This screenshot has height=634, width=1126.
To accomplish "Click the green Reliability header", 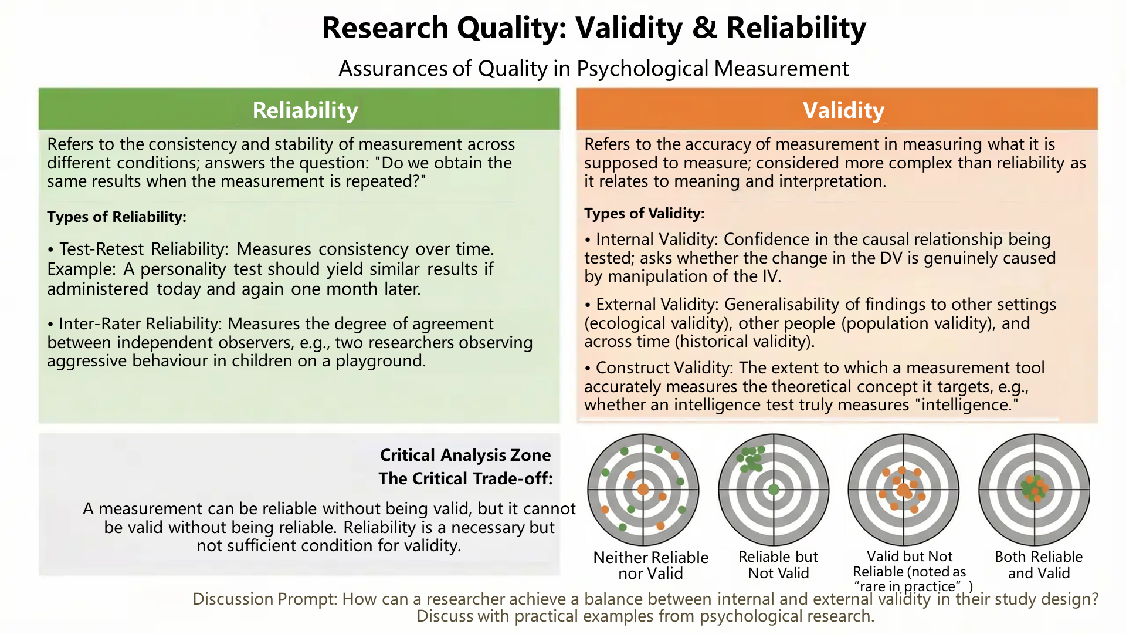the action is click(x=299, y=109).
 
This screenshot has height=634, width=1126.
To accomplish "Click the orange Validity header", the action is click(x=837, y=109).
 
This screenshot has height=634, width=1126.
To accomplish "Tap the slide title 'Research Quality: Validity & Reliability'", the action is click(x=593, y=28).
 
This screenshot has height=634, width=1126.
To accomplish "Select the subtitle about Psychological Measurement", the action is click(x=593, y=69).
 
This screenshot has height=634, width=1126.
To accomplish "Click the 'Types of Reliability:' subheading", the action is click(x=117, y=217).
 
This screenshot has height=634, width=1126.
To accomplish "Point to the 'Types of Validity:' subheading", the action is click(x=645, y=214).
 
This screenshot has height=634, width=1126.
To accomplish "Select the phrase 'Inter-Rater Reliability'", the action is click(x=140, y=324).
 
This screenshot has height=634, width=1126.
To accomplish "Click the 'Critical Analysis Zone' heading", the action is click(x=465, y=455).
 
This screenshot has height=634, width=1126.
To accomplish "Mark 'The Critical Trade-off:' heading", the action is click(x=466, y=478).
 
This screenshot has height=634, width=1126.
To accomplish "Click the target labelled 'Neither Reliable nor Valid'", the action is click(x=643, y=490).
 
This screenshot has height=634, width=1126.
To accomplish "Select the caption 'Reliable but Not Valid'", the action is click(x=778, y=565).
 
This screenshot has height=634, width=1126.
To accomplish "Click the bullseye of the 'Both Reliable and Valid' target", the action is click(x=1035, y=489).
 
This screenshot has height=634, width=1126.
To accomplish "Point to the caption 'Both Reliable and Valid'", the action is click(x=1039, y=565).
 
